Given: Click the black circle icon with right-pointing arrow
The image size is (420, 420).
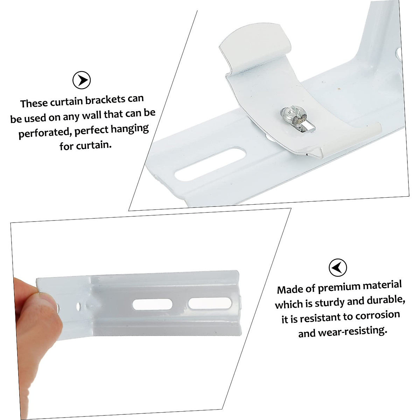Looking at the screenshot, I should point(82,80).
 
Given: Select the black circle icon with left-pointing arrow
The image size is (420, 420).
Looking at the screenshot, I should point(338,268).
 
